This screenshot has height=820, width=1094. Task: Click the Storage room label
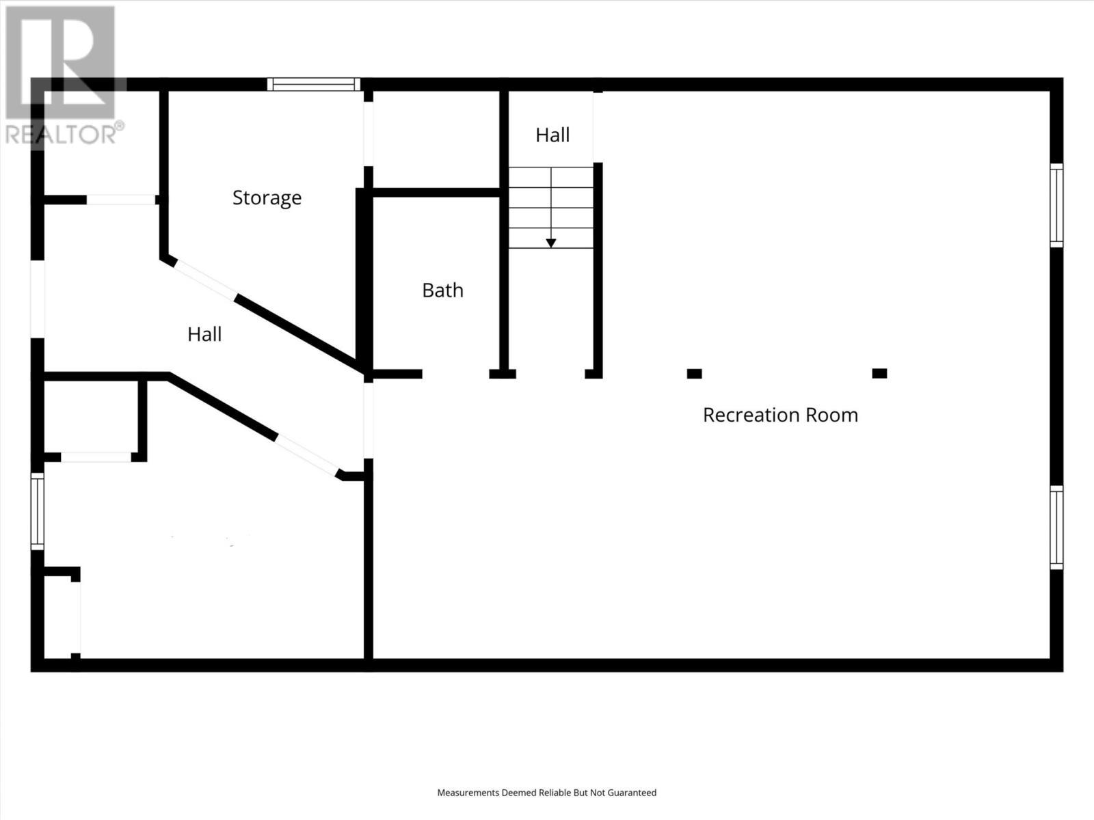pos(267,197)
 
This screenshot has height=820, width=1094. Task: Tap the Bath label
pos(442,290)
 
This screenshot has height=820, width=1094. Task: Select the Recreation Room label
pos(780,415)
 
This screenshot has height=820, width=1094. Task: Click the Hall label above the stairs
pos(552,135)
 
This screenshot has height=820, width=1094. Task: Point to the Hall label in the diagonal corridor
pos(204,334)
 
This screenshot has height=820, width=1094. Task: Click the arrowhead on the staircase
pos(551,243)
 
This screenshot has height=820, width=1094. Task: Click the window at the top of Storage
pos(314,84)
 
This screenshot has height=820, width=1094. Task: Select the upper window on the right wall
pos(1056,205)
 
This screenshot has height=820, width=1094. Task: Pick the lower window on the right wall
pos(1056,527)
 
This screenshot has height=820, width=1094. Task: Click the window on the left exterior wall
pos(38,511)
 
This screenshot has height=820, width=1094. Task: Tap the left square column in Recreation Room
pos(694,374)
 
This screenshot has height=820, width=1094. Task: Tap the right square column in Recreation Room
pos(879,374)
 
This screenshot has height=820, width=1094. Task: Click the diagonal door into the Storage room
pos(206,280)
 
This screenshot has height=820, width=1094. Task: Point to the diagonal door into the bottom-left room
pos(308,455)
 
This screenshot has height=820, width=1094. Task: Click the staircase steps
pos(551,207)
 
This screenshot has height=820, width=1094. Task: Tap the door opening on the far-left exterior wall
pos(38,299)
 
